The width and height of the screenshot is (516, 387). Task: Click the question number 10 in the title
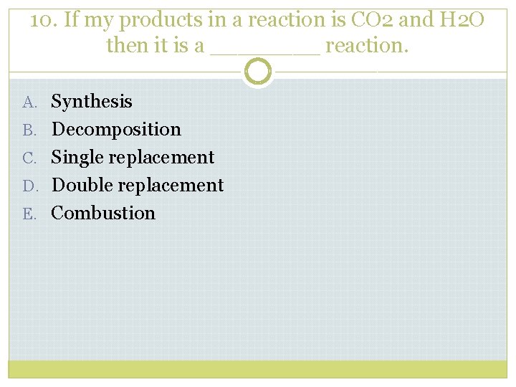[x=43, y=20]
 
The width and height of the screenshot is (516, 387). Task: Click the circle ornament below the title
[x=258, y=72]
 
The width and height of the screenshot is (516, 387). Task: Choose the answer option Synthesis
[x=92, y=102]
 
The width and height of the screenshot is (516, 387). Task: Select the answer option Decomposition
[x=116, y=130]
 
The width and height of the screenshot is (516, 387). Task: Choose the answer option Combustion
[x=103, y=213]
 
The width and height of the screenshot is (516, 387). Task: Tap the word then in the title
[x=127, y=46]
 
